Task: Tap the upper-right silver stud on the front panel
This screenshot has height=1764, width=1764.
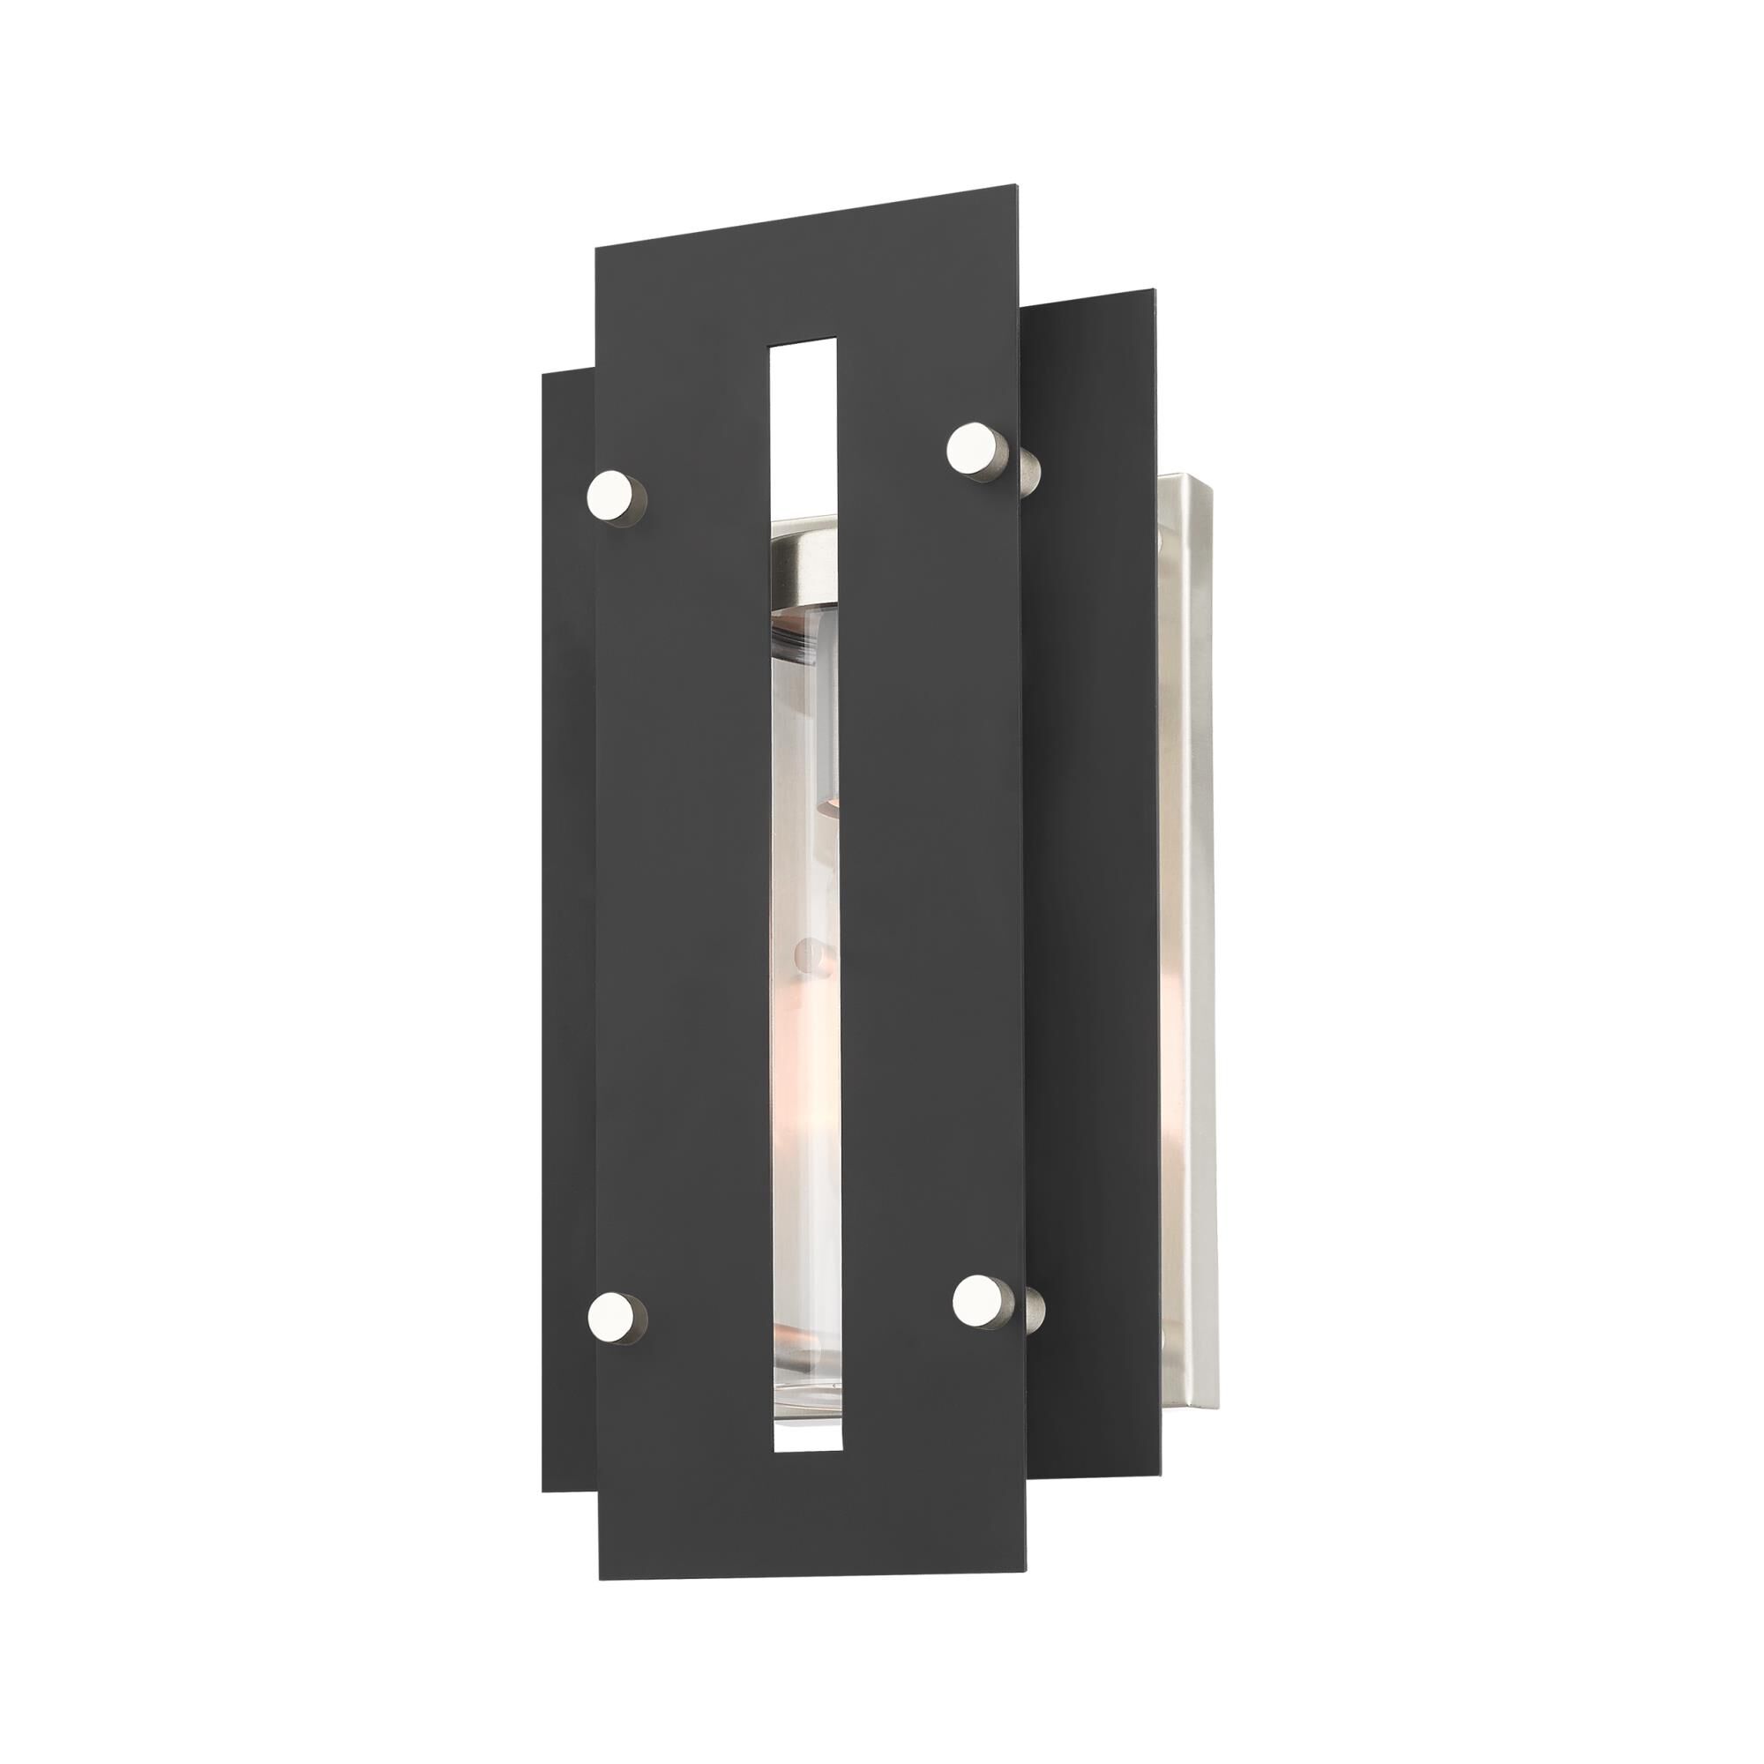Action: pyautogui.click(x=970, y=447)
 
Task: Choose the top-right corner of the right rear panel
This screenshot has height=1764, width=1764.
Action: pyautogui.click(x=1155, y=291)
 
